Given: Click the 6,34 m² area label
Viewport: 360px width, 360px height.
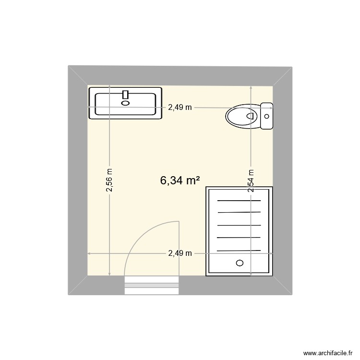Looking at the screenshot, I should (x=180, y=180).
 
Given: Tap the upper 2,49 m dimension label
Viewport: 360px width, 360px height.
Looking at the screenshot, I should (x=180, y=108).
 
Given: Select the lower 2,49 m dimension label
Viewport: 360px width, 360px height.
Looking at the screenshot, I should (x=180, y=253).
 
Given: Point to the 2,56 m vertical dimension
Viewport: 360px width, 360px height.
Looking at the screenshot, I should (x=109, y=180).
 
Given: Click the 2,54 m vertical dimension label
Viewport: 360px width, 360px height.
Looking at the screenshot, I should (x=251, y=181).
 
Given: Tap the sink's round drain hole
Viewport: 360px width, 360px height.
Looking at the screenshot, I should (x=126, y=102).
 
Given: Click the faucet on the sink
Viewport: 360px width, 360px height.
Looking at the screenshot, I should (x=126, y=94).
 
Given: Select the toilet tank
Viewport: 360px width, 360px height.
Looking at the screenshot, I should (x=266, y=116).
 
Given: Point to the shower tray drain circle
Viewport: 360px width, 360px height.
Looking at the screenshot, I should (x=240, y=263).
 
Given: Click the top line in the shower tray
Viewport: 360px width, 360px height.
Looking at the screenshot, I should (x=239, y=201).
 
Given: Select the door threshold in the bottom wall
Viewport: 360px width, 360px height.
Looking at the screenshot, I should (x=152, y=286).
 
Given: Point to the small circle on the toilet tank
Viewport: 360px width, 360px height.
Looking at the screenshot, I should (x=267, y=116).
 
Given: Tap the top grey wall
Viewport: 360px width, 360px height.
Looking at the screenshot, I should (x=180, y=76).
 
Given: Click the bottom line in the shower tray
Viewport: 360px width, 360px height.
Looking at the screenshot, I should (x=239, y=250).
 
